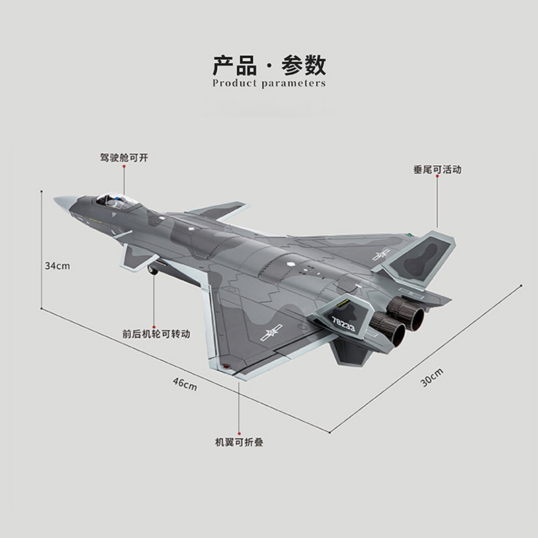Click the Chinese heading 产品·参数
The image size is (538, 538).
(x=269, y=65)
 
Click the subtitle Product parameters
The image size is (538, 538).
(x=269, y=83)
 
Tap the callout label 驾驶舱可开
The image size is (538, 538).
(x=124, y=157)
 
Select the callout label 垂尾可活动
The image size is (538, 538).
(x=437, y=169)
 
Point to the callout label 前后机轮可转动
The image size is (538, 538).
(x=156, y=333)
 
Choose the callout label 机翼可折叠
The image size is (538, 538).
(x=239, y=443)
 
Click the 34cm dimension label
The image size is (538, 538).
(x=58, y=266)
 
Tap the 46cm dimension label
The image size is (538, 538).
(x=184, y=384)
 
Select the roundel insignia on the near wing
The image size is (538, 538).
(x=275, y=331)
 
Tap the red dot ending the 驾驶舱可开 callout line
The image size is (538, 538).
(x=124, y=194)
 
